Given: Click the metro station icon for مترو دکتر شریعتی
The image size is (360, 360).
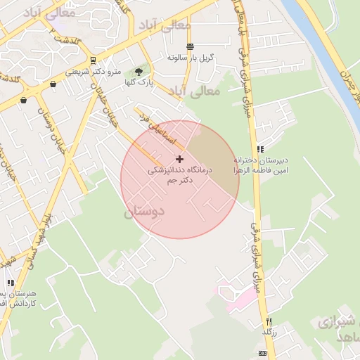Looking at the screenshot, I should (94, 60).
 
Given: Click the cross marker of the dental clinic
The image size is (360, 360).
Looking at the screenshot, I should (180, 160).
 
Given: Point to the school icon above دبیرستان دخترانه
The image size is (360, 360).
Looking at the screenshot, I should (261, 149).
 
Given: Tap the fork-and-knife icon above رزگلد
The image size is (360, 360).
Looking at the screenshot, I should (267, 321).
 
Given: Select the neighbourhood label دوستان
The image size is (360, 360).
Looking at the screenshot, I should (143, 210).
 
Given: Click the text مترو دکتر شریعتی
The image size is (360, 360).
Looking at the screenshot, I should (94, 72).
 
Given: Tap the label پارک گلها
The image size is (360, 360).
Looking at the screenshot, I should (140, 82).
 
